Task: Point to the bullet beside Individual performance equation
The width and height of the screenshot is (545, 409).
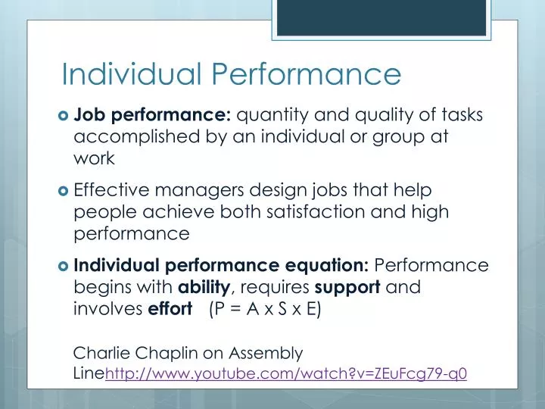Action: click(x=63, y=267)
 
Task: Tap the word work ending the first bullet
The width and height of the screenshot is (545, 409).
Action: click(x=94, y=158)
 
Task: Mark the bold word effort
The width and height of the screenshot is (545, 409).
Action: click(x=170, y=309)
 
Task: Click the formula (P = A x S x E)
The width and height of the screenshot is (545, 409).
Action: click(x=265, y=309)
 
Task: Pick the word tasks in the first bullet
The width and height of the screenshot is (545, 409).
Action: click(x=459, y=116)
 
